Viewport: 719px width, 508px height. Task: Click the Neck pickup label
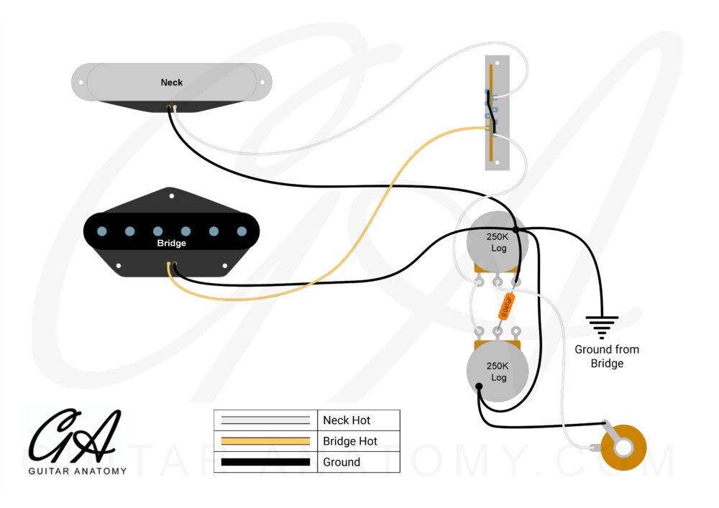pyautogui.click(x=171, y=83)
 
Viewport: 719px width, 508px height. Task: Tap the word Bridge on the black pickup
pyautogui.click(x=171, y=244)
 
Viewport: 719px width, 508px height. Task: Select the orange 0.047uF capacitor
pyautogui.click(x=505, y=307)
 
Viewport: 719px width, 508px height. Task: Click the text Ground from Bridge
pyautogui.click(x=606, y=356)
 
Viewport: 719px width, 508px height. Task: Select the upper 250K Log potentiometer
pyautogui.click(x=497, y=242)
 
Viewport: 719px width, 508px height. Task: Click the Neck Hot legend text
pyautogui.click(x=347, y=420)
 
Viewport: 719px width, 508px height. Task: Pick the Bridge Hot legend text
pyautogui.click(x=349, y=441)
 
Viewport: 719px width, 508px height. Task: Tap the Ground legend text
pyautogui.click(x=341, y=462)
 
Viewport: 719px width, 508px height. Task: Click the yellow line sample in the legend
pyautogui.click(x=266, y=441)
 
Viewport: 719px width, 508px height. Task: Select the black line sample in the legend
pyautogui.click(x=266, y=462)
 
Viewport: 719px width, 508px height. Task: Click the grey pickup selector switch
pyautogui.click(x=498, y=113)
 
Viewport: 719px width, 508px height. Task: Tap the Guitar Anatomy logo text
pyautogui.click(x=78, y=471)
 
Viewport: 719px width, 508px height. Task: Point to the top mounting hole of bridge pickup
pyautogui.click(x=171, y=195)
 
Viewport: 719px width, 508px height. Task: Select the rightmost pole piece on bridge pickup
pyautogui.click(x=242, y=231)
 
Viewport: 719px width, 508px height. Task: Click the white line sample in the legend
pyautogui.click(x=266, y=420)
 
